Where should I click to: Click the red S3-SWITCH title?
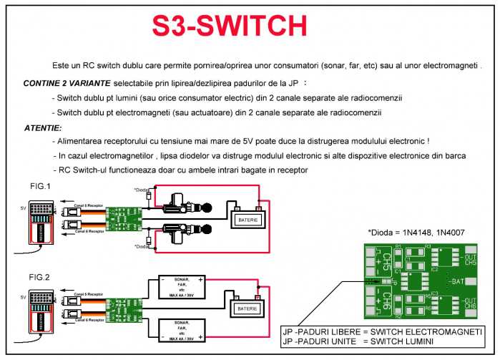(x=230, y=26)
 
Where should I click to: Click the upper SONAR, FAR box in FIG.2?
(x=183, y=288)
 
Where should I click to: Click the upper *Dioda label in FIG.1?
(x=142, y=190)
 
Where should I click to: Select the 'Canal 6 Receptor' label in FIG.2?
(x=89, y=319)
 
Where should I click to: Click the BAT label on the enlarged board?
(x=459, y=282)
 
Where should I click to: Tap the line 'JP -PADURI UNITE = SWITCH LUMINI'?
(x=371, y=341)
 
